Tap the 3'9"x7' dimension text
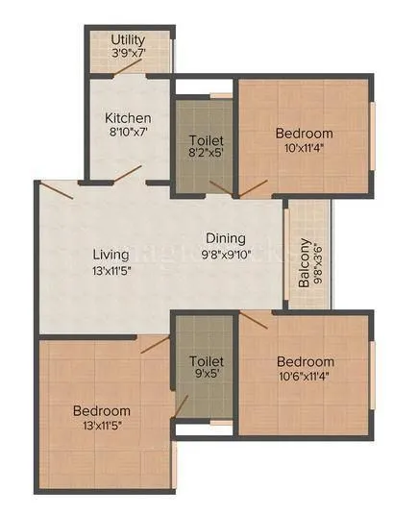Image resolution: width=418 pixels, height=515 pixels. click(x=128, y=54)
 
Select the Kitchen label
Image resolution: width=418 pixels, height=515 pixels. click(x=128, y=119)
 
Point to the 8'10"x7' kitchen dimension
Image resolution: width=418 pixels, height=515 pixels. click(x=128, y=135)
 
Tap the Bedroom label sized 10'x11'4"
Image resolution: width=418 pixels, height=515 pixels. click(x=304, y=133)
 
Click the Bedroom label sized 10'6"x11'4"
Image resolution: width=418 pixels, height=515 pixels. click(x=306, y=361)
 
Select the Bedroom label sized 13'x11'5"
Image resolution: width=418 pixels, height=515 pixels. click(x=103, y=410)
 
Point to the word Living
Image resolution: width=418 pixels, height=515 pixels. click(x=111, y=255)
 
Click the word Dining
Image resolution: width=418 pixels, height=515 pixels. click(x=225, y=238)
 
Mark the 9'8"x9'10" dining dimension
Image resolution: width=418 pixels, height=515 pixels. click(x=225, y=254)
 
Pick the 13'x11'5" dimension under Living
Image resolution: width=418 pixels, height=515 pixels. click(x=111, y=271)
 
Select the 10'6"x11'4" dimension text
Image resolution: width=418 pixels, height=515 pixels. click(x=306, y=377)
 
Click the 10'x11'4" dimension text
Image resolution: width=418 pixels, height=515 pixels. click(x=304, y=148)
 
